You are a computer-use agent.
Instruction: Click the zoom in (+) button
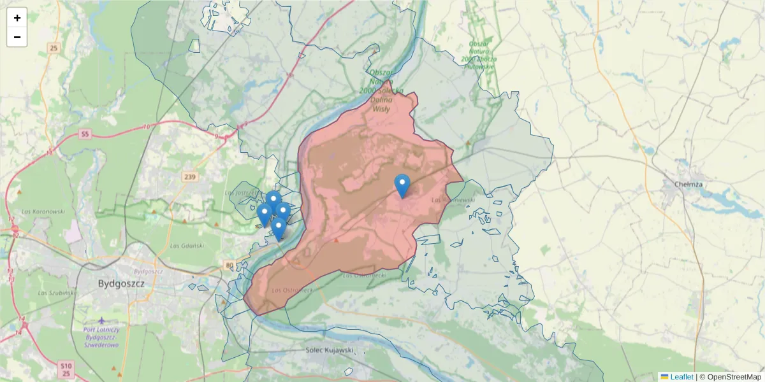click(17, 18)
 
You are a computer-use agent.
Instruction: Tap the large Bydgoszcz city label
click(121, 283)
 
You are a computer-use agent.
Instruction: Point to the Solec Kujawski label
click(330, 350)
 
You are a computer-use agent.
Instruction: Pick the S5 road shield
click(85, 134)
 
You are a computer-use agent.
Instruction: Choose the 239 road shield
click(190, 177)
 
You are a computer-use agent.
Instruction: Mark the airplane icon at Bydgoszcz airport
click(101, 320)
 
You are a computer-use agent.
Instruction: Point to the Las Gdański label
click(187, 245)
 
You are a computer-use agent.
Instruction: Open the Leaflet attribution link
click(681, 377)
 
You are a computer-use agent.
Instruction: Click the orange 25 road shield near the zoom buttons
click(54, 48)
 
